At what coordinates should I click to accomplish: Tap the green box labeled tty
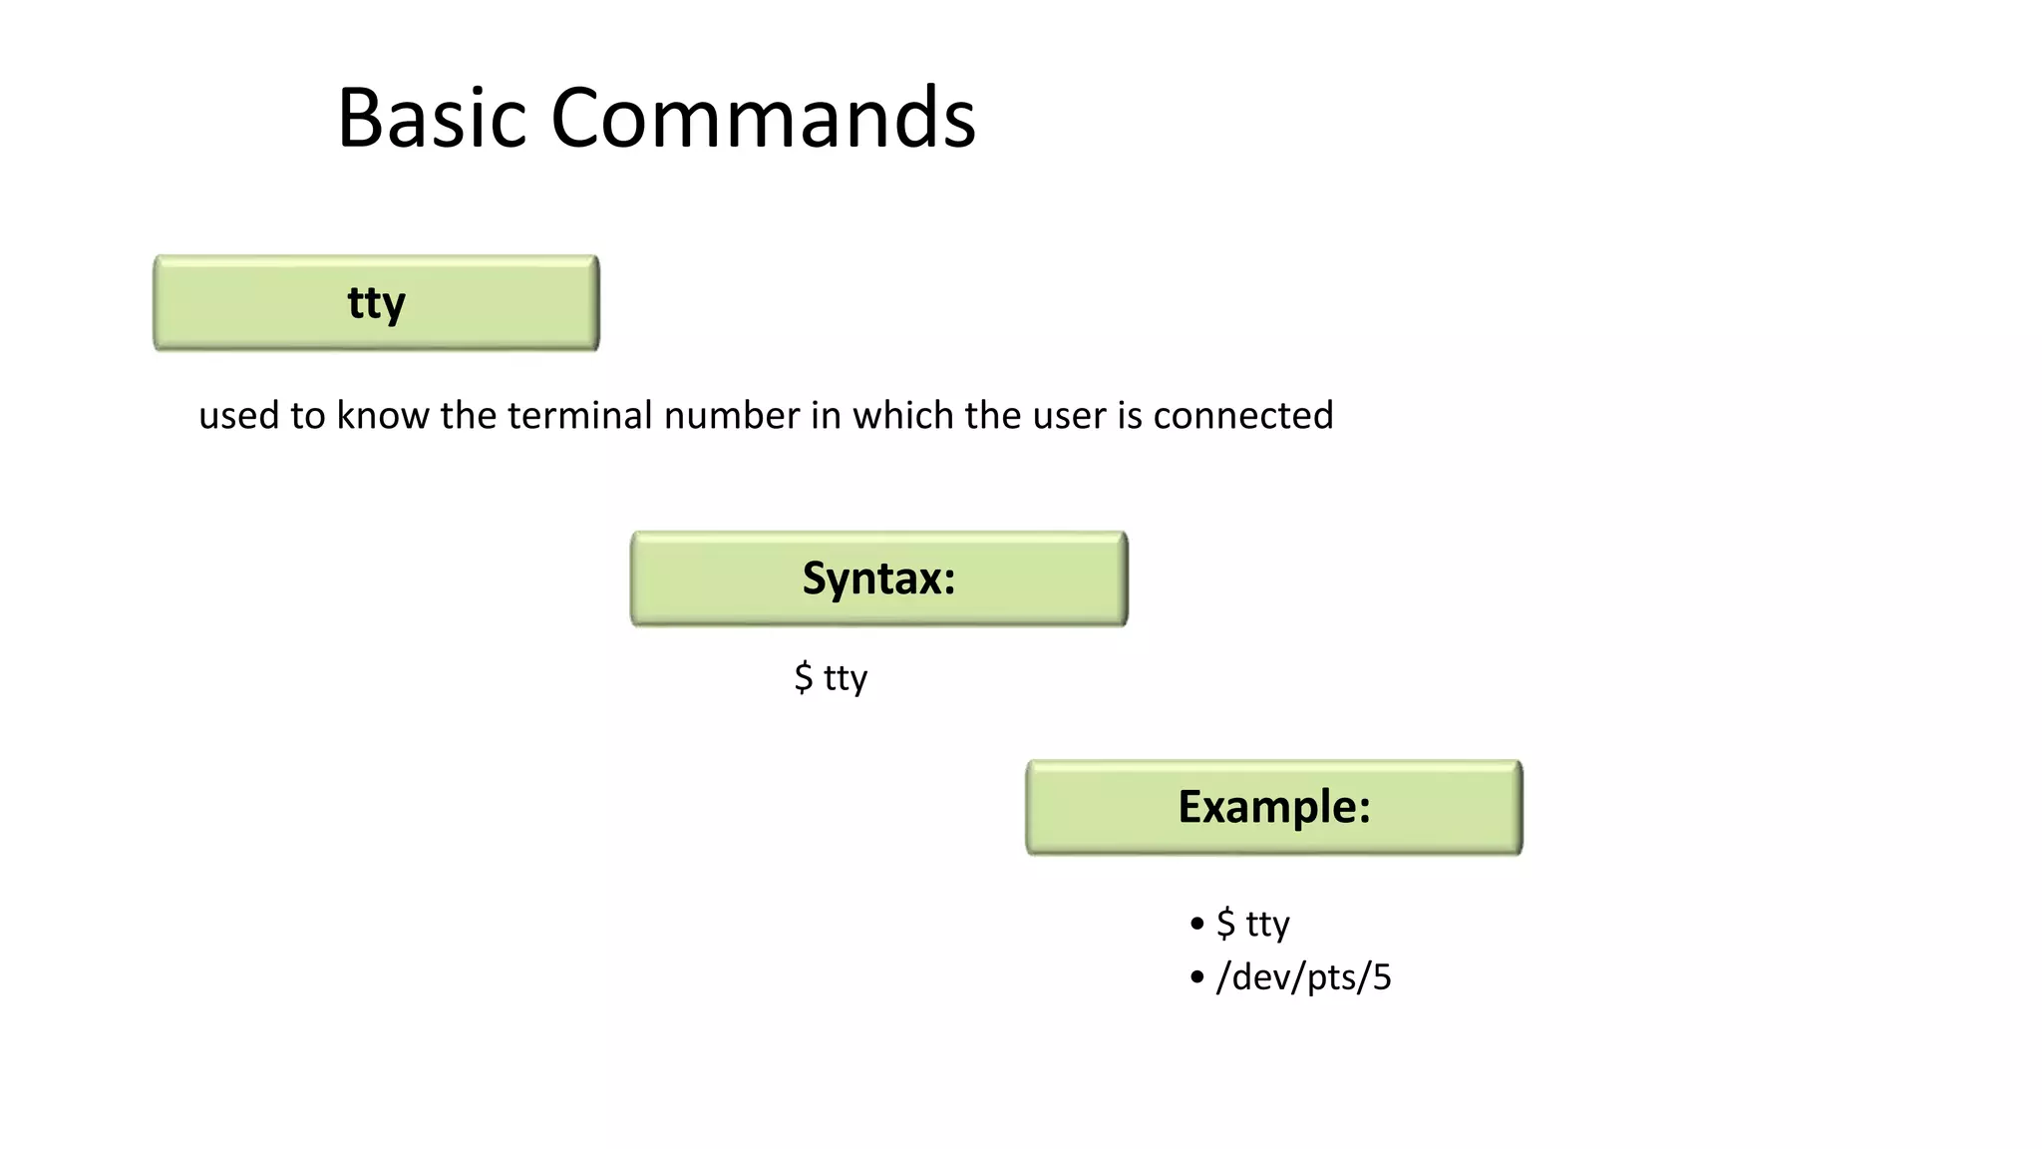pyautogui.click(x=376, y=303)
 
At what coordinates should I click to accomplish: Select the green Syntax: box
pyautogui.click(x=878, y=578)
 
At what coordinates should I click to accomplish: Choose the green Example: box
pyautogui.click(x=1273, y=807)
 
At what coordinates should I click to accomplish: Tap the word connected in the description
pyautogui.click(x=1242, y=415)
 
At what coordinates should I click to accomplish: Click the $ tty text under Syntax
pyautogui.click(x=831, y=677)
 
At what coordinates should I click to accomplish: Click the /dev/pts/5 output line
pyautogui.click(x=1302, y=976)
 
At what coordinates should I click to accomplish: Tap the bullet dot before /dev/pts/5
pyautogui.click(x=1196, y=976)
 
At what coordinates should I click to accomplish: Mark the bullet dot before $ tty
pyautogui.click(x=1196, y=924)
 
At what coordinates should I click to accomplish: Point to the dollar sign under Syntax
pyautogui.click(x=803, y=677)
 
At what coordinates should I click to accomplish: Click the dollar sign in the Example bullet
pyautogui.click(x=1225, y=924)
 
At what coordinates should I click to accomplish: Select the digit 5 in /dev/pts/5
pyautogui.click(x=1381, y=976)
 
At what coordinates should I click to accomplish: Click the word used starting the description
pyautogui.click(x=238, y=415)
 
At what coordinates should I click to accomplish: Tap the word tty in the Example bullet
pyautogui.click(x=1267, y=925)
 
